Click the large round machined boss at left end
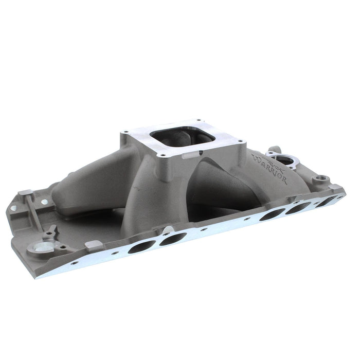tap(39, 249)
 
